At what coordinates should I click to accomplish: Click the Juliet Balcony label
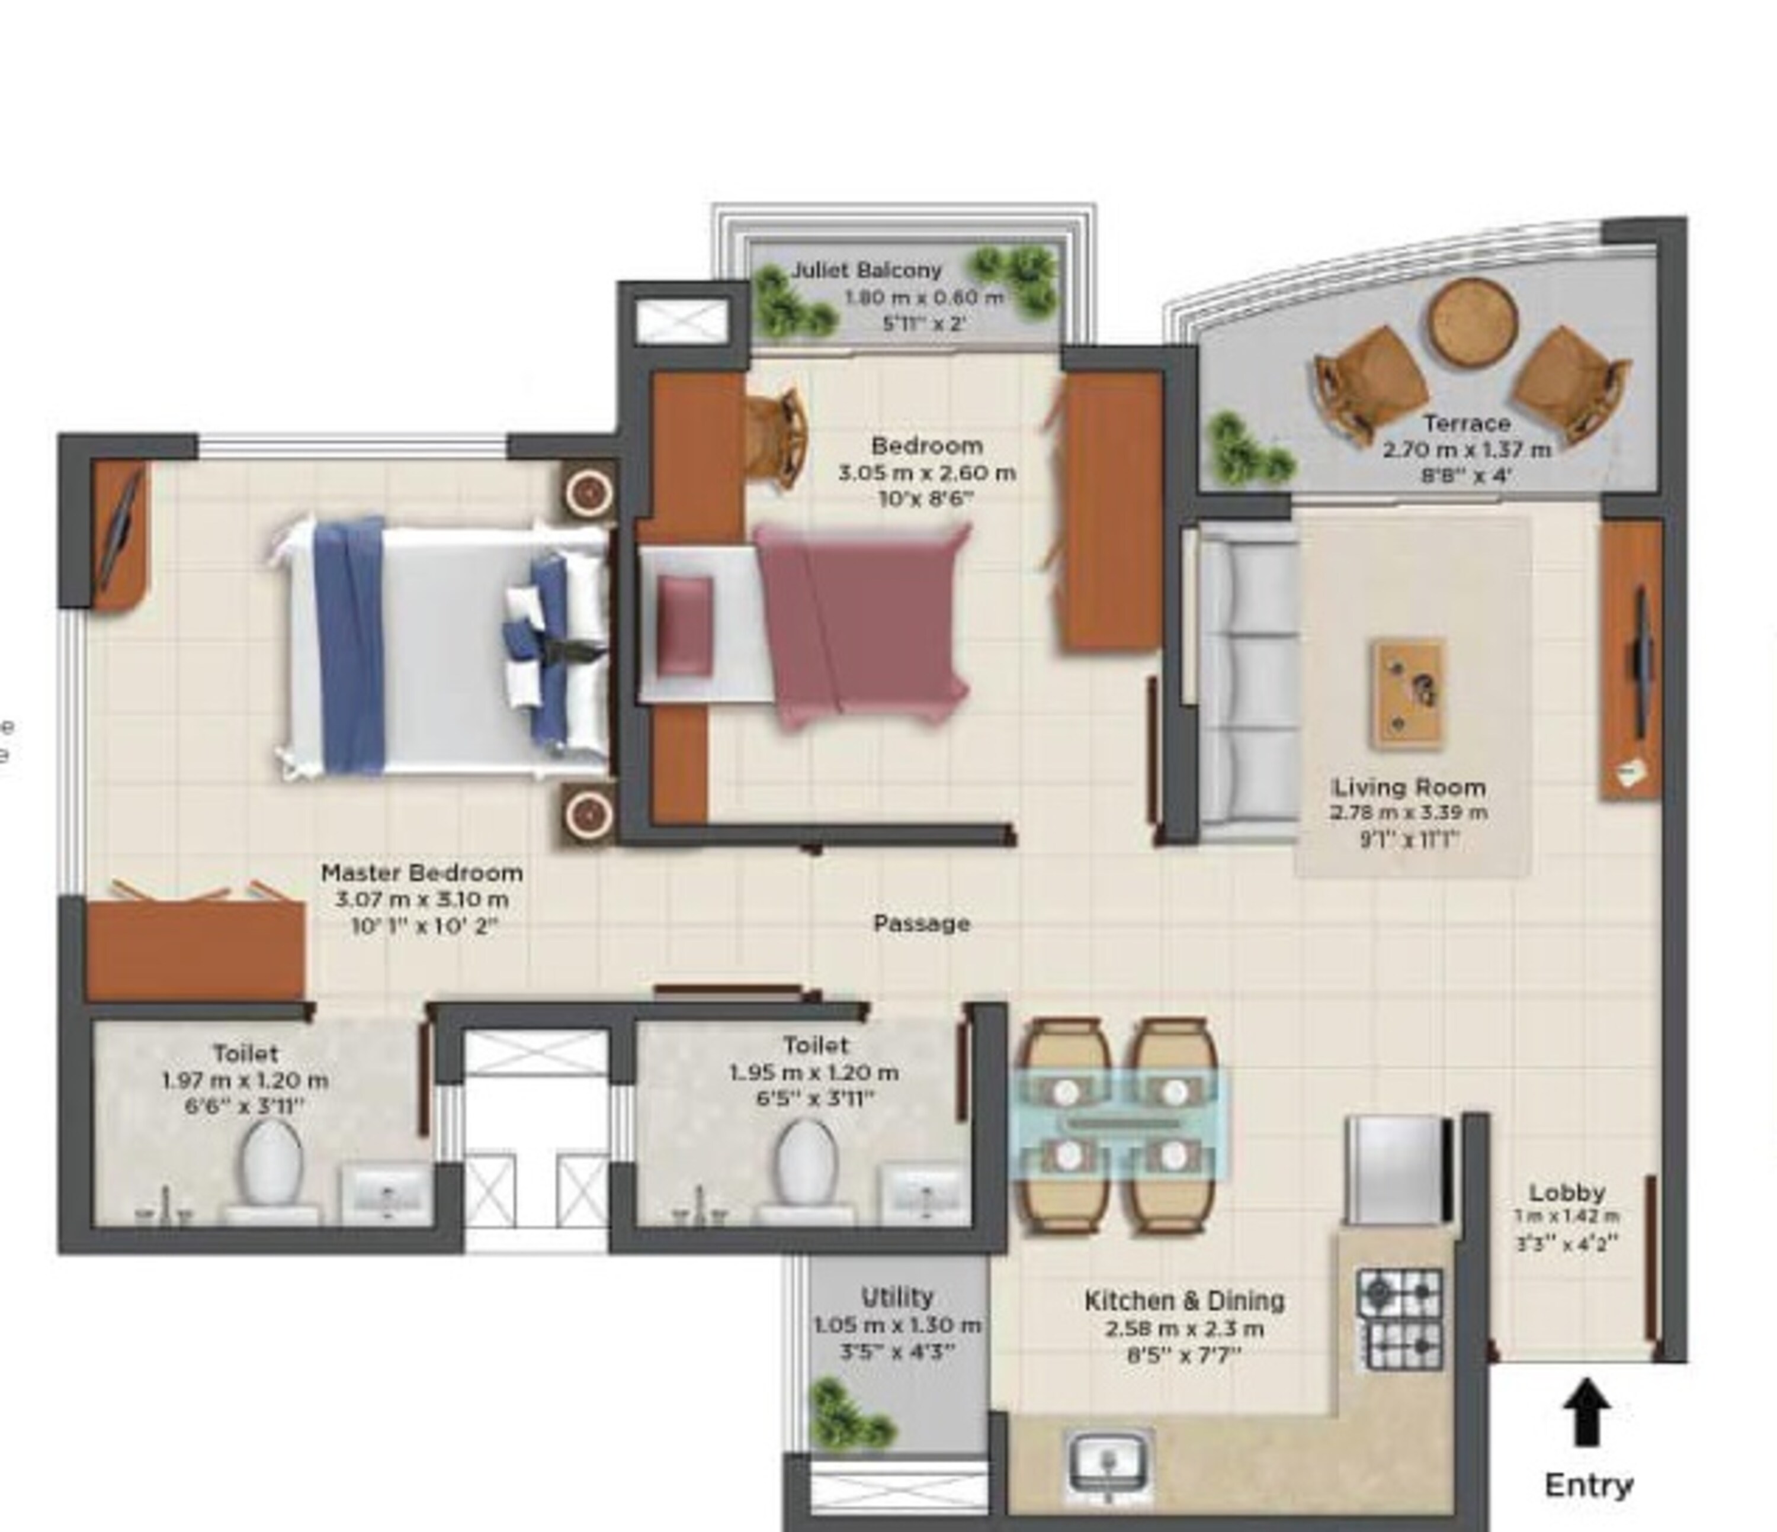coord(866,270)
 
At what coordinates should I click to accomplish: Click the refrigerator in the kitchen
coord(1396,1170)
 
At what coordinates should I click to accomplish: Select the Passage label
coord(921,923)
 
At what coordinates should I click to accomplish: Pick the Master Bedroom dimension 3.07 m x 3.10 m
coord(421,899)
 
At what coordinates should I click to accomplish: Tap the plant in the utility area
coord(845,1413)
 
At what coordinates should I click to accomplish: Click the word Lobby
coord(1567,1192)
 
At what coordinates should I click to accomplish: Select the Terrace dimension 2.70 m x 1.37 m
coord(1467,449)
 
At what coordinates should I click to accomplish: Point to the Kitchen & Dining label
coord(1185,1301)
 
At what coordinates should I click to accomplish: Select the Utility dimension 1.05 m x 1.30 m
coord(897,1325)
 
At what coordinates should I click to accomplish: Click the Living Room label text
coord(1408,787)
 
